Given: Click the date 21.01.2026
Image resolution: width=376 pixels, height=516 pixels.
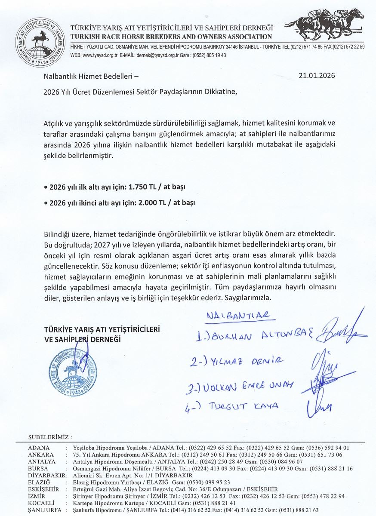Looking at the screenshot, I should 317,77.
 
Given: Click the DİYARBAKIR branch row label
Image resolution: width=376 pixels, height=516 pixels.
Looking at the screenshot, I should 46,475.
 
